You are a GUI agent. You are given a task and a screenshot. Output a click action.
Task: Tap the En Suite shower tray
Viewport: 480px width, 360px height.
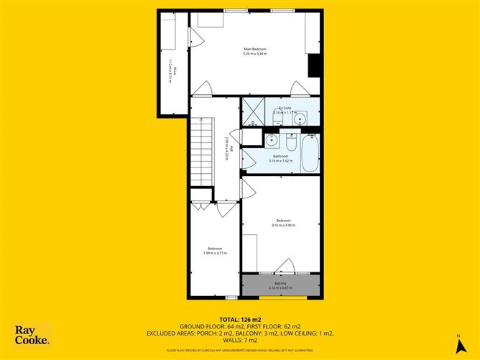click(252, 113)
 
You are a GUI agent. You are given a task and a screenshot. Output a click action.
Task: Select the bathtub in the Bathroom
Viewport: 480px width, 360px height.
click(309, 154)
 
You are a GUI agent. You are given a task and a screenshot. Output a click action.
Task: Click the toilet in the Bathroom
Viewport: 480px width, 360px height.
click(290, 139)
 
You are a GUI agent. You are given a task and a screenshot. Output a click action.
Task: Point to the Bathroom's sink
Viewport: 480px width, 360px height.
click(272, 139)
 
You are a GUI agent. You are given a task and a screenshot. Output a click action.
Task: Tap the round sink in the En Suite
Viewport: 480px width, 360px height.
click(303, 118)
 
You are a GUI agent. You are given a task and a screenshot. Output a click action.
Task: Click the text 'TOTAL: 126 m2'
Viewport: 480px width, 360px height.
click(240, 319)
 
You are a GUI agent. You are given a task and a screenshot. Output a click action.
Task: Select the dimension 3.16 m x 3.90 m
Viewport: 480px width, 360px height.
click(284, 226)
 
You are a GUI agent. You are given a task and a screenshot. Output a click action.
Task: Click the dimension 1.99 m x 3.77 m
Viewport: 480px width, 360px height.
click(215, 253)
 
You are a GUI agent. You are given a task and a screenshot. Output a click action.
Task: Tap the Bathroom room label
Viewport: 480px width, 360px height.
click(280, 156)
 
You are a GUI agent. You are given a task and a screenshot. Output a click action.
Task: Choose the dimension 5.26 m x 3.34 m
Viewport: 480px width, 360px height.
click(255, 54)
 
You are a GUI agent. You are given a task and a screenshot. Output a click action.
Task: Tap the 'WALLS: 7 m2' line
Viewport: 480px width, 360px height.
click(240, 340)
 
